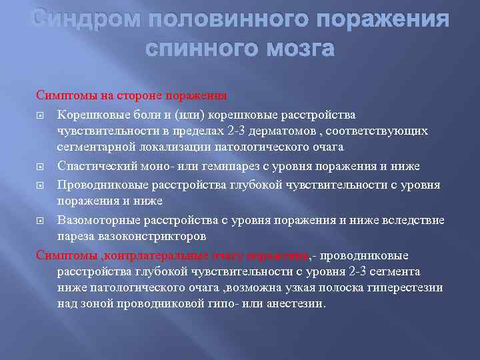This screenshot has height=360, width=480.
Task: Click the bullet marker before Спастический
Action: click(x=40, y=165)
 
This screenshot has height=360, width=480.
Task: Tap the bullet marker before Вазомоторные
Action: click(x=40, y=221)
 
